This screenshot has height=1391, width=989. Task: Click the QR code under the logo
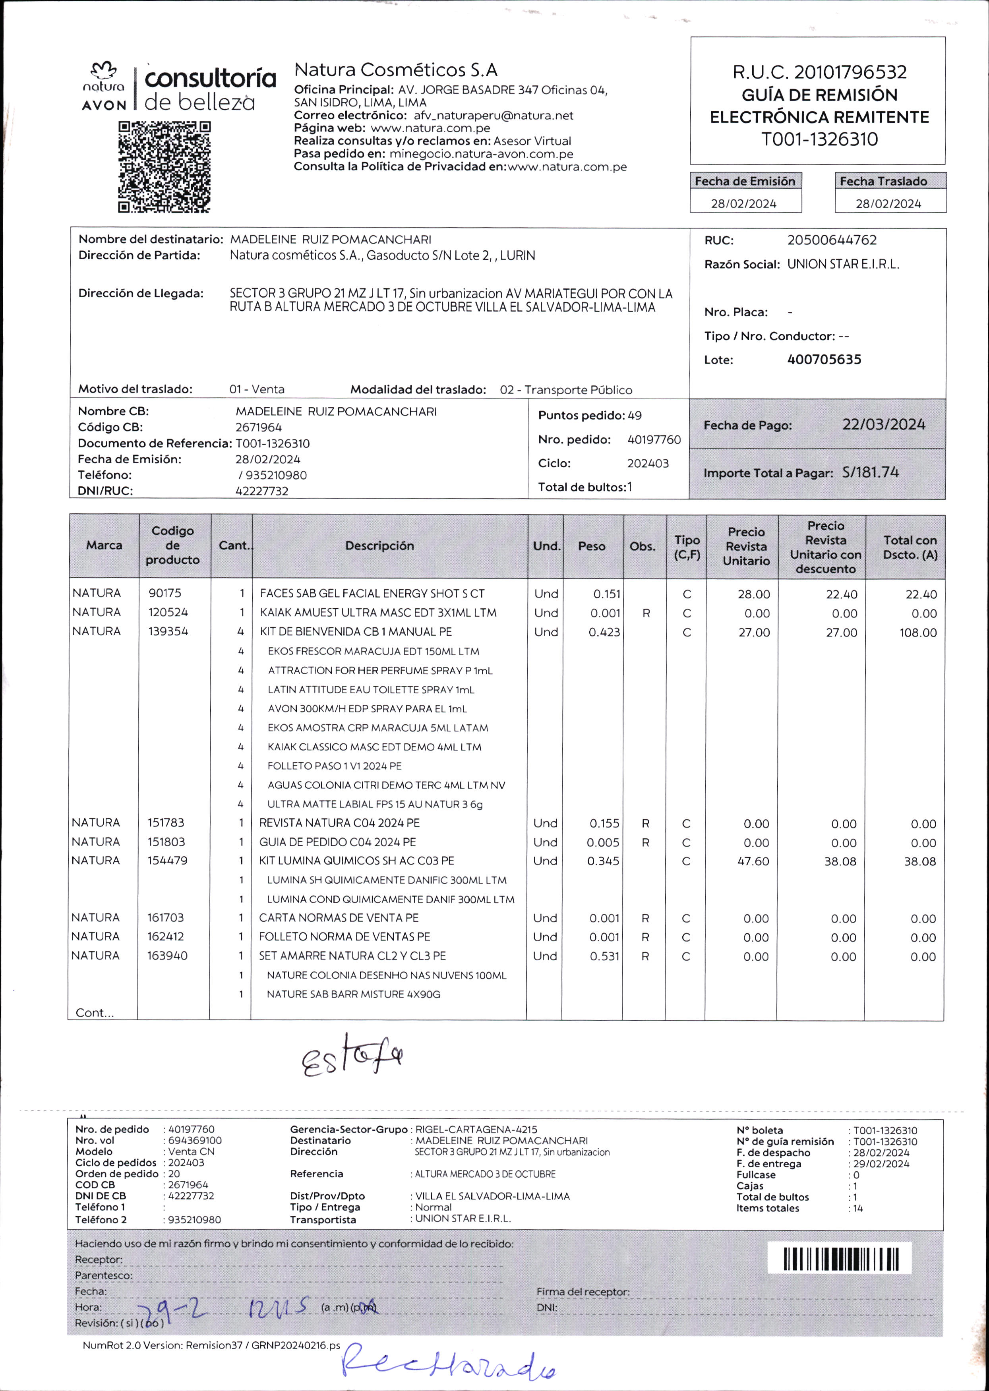(165, 167)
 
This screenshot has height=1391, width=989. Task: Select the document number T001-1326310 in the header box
(819, 139)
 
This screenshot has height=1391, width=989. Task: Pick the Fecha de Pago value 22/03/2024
(883, 424)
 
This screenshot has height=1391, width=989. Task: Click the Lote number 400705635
(824, 360)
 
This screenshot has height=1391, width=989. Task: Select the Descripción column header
(379, 546)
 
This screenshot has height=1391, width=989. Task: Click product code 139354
(168, 631)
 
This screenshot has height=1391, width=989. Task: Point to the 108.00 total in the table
(918, 633)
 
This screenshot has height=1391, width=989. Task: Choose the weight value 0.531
(604, 956)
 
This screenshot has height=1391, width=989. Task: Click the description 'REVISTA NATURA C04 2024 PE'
(339, 823)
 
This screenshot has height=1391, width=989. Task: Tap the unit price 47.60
(753, 861)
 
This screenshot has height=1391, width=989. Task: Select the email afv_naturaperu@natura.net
(493, 116)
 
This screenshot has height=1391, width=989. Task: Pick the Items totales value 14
(857, 1208)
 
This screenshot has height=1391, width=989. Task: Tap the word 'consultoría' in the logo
(210, 79)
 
